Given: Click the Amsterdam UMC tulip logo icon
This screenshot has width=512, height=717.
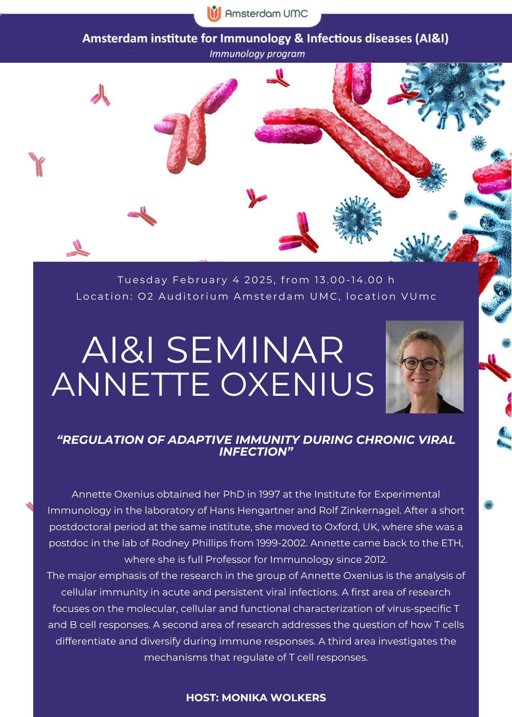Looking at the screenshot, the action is (214, 14).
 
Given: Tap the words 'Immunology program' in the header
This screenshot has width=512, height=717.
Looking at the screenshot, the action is (257, 54).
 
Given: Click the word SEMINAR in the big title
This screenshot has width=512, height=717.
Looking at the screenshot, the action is (255, 350).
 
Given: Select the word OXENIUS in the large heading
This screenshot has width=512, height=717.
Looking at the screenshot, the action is (297, 384).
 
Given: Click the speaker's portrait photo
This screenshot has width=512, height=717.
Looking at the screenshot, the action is (424, 367).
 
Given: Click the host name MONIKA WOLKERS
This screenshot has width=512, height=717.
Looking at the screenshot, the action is (274, 698).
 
